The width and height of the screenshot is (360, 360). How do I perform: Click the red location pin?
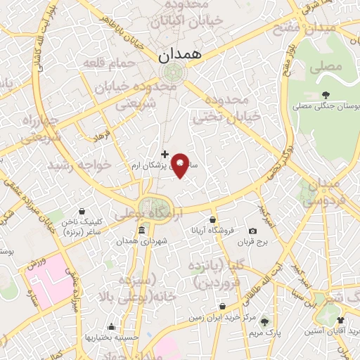pos(180,165)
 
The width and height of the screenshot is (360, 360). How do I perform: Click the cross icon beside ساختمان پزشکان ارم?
pos(165,153)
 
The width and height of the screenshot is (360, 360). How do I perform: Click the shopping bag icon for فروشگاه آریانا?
pos(212,219)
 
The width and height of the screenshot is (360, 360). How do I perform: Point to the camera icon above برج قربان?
pos(252,231)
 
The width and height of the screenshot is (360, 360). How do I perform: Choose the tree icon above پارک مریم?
pos(265,321)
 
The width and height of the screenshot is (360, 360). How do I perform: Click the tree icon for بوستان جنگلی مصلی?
pos(325,95)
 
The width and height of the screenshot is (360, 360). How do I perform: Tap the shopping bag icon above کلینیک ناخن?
pos(82,211)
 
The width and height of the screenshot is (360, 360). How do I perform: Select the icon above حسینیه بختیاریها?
pos(111,326)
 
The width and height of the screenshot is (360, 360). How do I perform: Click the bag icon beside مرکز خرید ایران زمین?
pos(222,307)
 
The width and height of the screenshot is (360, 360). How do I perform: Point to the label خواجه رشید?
pos(79,165)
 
